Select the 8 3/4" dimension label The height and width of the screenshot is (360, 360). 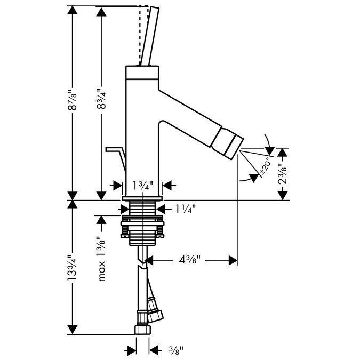101,99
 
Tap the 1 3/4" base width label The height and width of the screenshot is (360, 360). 143,186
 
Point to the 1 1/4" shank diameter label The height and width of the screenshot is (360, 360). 186,209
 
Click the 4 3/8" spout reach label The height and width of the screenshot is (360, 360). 190,260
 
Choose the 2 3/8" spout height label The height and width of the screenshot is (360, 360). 283,174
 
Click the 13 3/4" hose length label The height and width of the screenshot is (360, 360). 71,268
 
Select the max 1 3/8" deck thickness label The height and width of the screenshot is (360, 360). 101,259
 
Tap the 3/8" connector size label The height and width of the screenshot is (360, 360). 177,350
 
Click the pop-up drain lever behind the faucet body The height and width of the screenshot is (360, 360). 116,159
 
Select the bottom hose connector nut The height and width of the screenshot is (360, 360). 142,329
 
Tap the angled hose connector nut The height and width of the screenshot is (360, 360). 155,316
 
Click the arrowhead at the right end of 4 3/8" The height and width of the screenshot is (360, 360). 233,260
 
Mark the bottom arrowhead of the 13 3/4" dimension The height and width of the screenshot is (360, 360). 73,330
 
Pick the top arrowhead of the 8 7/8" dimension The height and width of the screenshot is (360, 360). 73,10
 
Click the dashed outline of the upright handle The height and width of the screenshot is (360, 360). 143,35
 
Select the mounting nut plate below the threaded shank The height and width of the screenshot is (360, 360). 142,223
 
